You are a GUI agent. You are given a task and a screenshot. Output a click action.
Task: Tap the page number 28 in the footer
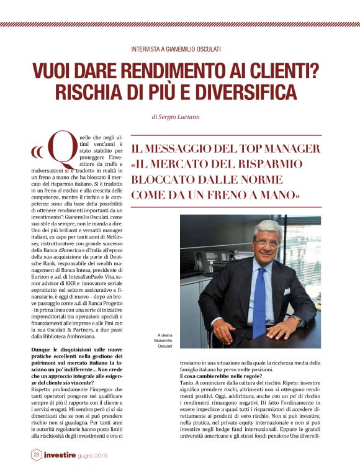[37, 455]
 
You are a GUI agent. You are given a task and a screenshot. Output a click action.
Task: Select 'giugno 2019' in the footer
[106, 456]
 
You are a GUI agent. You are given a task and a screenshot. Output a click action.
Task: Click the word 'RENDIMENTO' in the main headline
[160, 70]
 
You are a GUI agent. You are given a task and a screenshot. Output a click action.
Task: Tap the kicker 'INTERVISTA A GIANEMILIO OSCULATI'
[179, 48]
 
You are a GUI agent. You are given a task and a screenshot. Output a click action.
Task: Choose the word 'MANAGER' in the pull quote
[291, 148]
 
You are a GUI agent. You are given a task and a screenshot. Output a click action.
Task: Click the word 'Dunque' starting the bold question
[42, 350]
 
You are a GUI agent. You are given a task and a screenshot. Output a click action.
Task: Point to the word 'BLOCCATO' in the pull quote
[180, 179]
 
